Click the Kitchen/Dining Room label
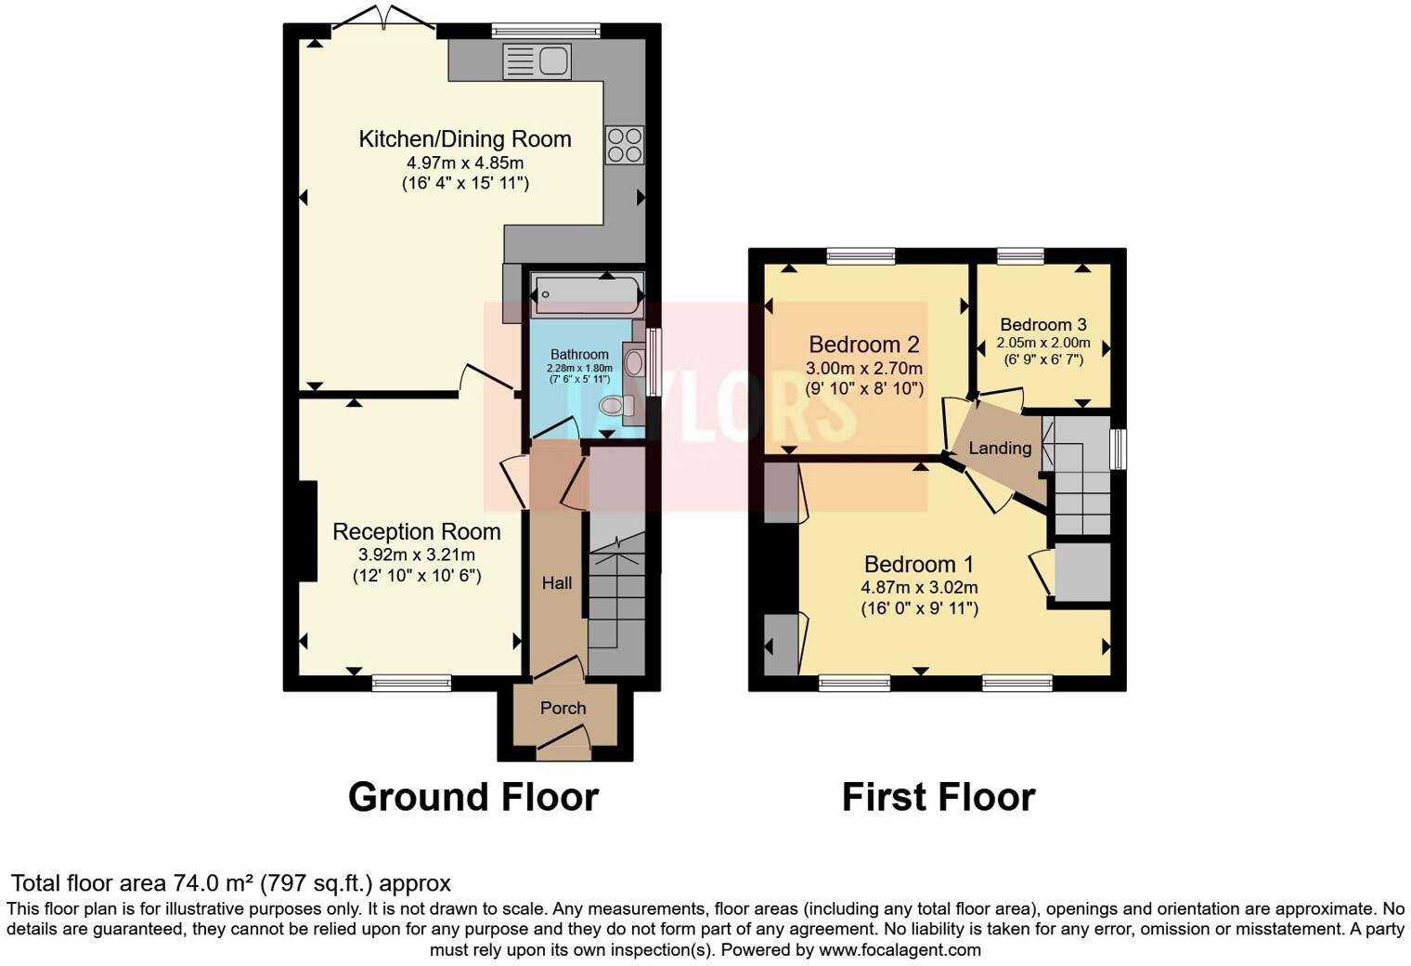coord(464,139)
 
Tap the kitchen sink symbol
coord(537,62)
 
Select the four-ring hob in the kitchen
coord(624,145)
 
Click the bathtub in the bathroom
coord(587,296)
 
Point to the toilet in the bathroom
coord(615,405)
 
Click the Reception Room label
coord(416,531)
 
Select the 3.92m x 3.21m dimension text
coord(416,555)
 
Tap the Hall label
coord(557,583)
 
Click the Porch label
coord(563,708)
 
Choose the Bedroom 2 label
coord(864,345)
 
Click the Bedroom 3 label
coord(1043,324)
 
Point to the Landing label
coord(1000,448)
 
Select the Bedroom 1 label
coord(919,564)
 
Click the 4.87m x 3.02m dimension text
coord(919,587)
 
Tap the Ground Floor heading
coord(473,797)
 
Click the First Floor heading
coord(939,797)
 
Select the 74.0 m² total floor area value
coord(214,882)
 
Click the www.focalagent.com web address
coord(900,949)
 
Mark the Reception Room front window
coord(411,684)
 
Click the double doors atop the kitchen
coord(385,20)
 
